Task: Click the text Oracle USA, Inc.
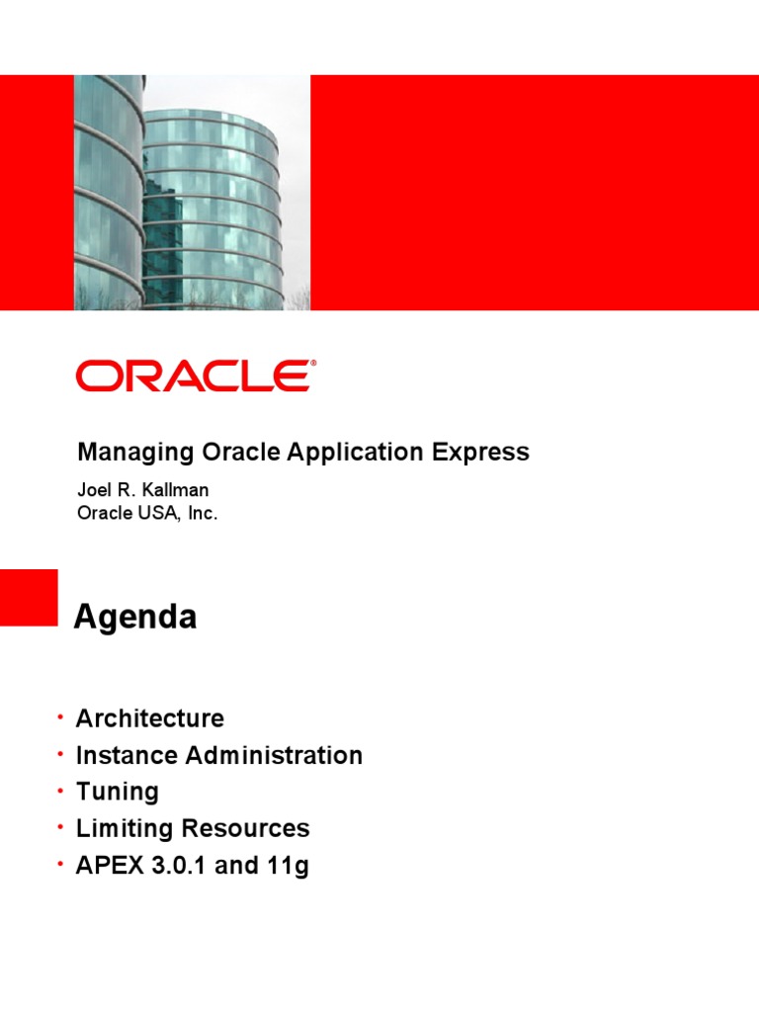[147, 513]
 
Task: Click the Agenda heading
[135, 618]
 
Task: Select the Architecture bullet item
[149, 718]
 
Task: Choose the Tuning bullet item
[117, 792]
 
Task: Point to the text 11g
[288, 866]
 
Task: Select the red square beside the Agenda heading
[29, 597]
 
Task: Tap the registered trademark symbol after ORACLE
[314, 364]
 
